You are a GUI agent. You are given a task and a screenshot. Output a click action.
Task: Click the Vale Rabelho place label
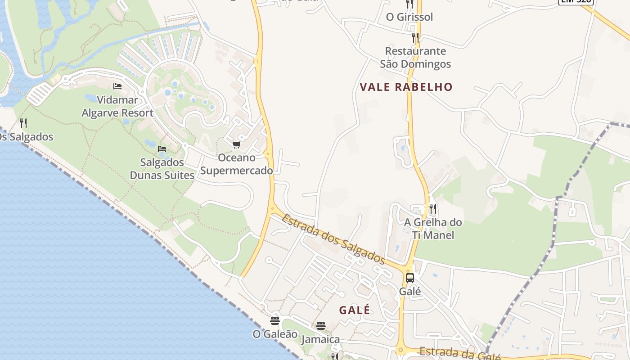tap(406, 87)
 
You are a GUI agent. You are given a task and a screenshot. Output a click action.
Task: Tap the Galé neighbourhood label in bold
tap(355, 310)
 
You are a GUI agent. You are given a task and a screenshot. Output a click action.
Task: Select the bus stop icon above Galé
tap(410, 278)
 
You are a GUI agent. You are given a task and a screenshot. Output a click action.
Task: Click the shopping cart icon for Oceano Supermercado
tap(236, 144)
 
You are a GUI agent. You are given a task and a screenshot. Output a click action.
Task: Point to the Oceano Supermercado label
tap(237, 164)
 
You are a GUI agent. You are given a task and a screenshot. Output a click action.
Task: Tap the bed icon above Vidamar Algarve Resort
tap(117, 86)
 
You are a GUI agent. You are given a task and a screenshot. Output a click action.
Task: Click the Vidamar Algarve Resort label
tap(117, 106)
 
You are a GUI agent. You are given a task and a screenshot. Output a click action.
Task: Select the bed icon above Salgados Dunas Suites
tap(162, 148)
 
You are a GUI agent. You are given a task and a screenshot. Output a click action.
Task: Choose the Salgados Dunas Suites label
tap(162, 168)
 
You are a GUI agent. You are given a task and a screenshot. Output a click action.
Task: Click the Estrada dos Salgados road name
tap(333, 239)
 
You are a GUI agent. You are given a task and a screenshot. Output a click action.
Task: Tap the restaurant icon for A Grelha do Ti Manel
tap(433, 209)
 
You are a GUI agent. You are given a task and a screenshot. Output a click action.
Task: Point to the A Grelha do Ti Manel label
tap(433, 229)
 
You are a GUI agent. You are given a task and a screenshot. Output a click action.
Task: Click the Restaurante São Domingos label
tap(415, 58)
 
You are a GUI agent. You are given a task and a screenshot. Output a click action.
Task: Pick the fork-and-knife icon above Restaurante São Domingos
tap(415, 38)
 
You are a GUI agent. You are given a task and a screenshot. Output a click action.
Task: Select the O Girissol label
tap(409, 17)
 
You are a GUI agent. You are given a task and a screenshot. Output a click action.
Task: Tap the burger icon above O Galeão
tap(275, 321)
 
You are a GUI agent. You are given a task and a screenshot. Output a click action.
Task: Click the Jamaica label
tap(321, 339)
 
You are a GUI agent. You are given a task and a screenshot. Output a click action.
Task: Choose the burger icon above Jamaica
tap(321, 325)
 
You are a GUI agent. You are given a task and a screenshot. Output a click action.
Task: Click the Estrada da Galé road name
tap(460, 354)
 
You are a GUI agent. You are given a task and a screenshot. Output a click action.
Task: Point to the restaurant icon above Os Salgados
tap(23, 123)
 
